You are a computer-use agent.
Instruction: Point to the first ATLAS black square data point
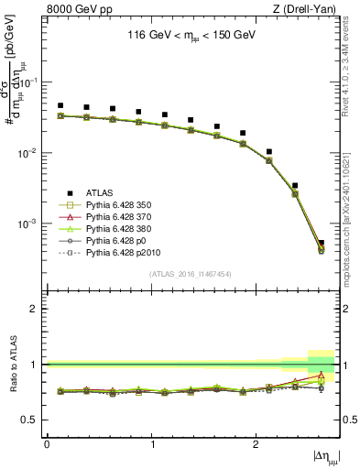coord(60,105)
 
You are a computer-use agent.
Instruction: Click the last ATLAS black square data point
coord(321,243)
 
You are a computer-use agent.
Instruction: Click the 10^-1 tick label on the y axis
coord(31,82)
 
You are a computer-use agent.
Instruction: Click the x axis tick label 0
coord(47,444)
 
